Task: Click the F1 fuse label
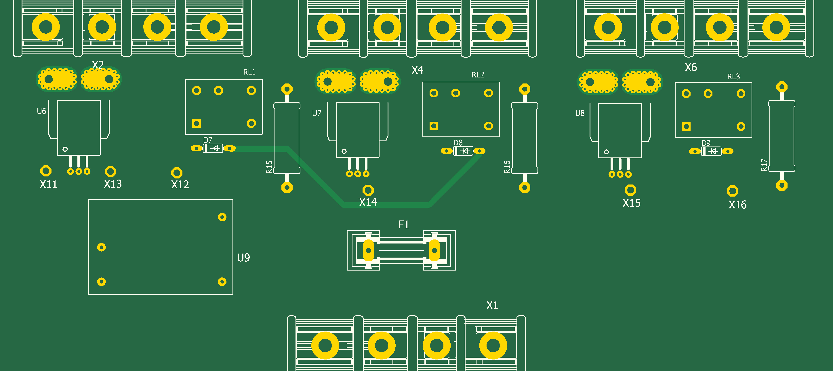(404, 224)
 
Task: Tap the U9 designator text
(243, 258)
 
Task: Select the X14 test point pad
(368, 190)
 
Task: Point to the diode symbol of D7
(215, 149)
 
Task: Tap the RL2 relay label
(478, 75)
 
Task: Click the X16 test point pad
(732, 191)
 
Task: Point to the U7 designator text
(317, 113)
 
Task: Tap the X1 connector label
(492, 305)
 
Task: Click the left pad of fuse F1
(368, 250)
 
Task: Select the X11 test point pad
(46, 171)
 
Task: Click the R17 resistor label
(764, 165)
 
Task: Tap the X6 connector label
(691, 67)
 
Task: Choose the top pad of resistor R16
(525, 89)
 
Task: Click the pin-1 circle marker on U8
(606, 152)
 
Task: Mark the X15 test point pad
(630, 190)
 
